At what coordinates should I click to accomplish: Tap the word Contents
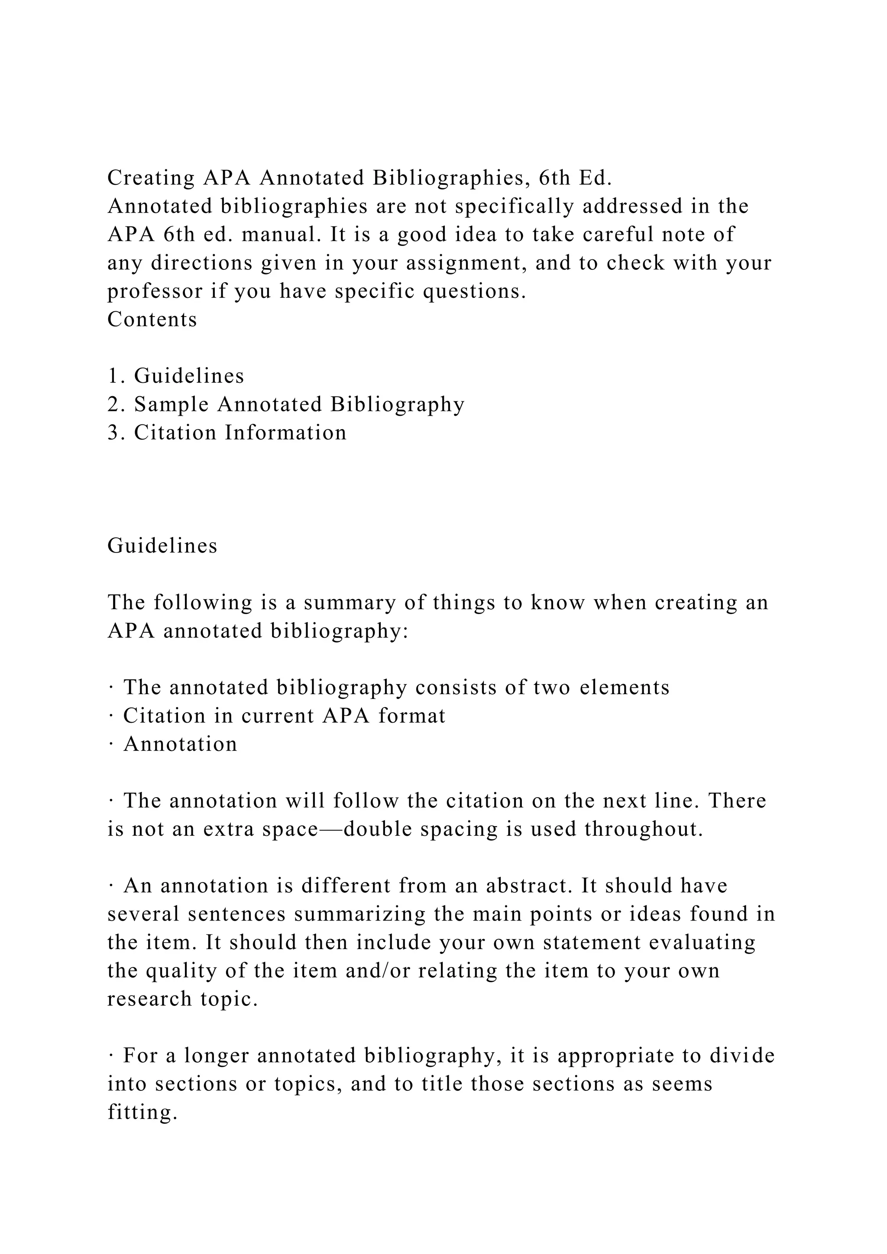coord(152,320)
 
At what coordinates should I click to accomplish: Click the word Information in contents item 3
coord(286,433)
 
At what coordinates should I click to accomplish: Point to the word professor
coord(155,292)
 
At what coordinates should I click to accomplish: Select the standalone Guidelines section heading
coord(162,546)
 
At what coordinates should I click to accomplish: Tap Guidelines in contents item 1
coord(189,376)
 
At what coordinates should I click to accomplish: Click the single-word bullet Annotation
coord(180,744)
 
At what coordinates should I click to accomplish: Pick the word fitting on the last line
coord(142,1112)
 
